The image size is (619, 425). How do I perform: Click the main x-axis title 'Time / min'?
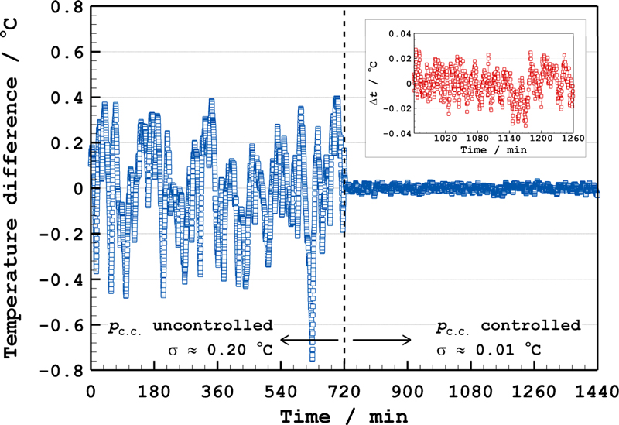coord(343,415)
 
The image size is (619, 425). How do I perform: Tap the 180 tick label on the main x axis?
coord(154,390)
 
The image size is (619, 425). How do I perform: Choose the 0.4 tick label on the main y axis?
coord(64,98)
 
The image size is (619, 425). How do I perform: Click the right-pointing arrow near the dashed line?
coord(382,338)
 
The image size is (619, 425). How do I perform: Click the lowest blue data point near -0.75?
coord(313,358)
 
